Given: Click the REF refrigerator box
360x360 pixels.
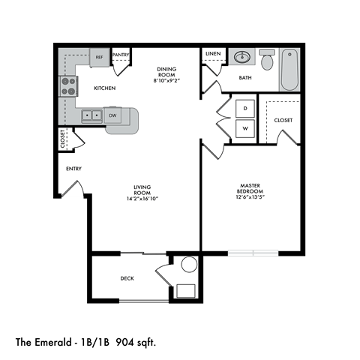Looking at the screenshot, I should [99, 57].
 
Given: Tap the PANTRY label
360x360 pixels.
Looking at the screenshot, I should [121, 55].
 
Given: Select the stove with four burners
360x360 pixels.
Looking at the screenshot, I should [68, 87].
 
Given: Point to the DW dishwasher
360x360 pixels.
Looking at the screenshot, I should [112, 115].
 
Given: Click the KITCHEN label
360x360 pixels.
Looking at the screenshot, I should [104, 88].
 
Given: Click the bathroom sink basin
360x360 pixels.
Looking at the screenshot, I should [241, 57].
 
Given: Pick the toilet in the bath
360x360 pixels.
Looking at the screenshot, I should [267, 58].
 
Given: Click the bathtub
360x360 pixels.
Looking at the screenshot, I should [289, 70].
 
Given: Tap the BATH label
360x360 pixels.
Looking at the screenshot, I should [245, 77].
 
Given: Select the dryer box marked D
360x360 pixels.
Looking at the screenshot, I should [244, 108].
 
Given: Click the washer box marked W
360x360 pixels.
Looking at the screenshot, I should [244, 128].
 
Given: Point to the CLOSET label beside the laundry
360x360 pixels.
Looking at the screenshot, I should [283, 119].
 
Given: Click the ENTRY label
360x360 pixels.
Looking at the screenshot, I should [73, 169].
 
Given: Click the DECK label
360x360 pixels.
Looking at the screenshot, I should [127, 278].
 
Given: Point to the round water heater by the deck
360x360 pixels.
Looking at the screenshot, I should [189, 264].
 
